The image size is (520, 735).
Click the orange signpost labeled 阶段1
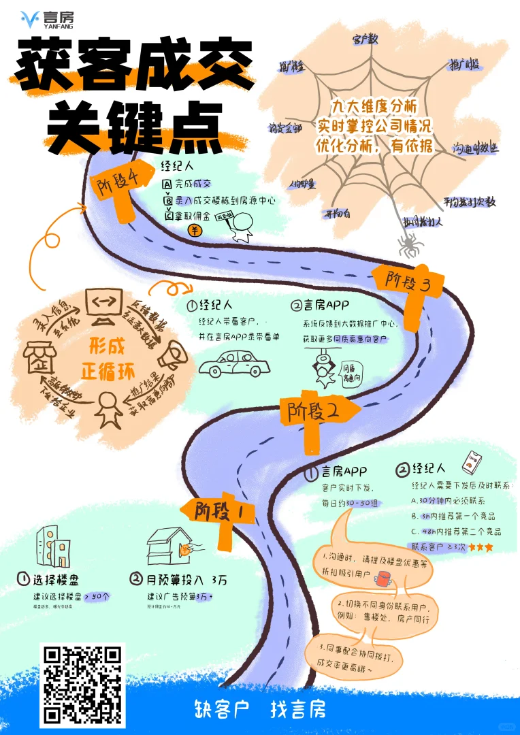coord(214,510)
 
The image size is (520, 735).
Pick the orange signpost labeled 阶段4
coord(123,187)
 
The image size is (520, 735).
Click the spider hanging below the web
coord(410,244)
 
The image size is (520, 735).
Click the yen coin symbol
coord(195,231)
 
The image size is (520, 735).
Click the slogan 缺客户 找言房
coord(259,710)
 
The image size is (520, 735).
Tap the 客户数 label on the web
coord(365,40)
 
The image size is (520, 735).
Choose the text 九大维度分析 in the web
coord(374,108)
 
